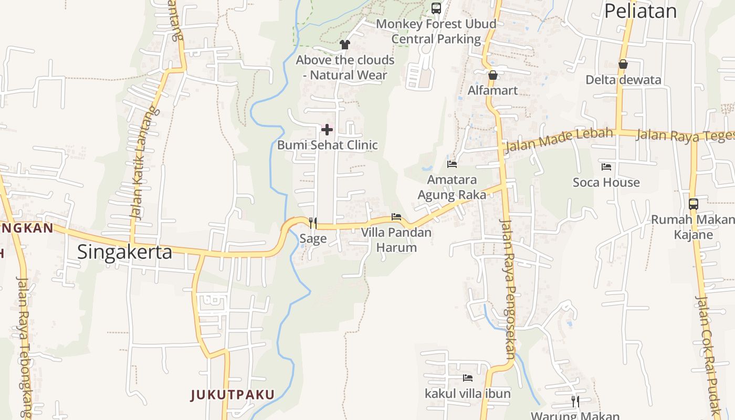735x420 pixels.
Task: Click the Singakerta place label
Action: coord(124,252)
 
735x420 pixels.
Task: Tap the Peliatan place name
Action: coord(640,10)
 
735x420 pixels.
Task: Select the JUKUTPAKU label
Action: coord(233,395)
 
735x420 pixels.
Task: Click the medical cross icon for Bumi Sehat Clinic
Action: coord(327,129)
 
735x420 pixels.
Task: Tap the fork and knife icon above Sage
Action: coord(313,223)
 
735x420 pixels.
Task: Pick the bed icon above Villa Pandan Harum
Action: coord(396,217)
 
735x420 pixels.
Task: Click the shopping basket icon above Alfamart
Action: coord(492,75)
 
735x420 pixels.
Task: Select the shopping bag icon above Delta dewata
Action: coord(623,65)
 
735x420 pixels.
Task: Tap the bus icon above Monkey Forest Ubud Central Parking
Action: coord(436,8)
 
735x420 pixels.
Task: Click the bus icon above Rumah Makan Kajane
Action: coord(693,204)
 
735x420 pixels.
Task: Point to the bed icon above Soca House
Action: coord(606,167)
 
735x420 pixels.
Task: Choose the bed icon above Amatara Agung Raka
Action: coord(452,164)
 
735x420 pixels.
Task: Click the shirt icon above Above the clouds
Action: coord(345,45)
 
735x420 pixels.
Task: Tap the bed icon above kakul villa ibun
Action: coord(468,377)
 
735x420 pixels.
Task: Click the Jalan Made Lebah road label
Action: coord(559,139)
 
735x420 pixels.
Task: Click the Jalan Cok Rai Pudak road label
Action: coord(709,357)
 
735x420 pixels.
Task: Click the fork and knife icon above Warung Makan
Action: coord(575,402)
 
